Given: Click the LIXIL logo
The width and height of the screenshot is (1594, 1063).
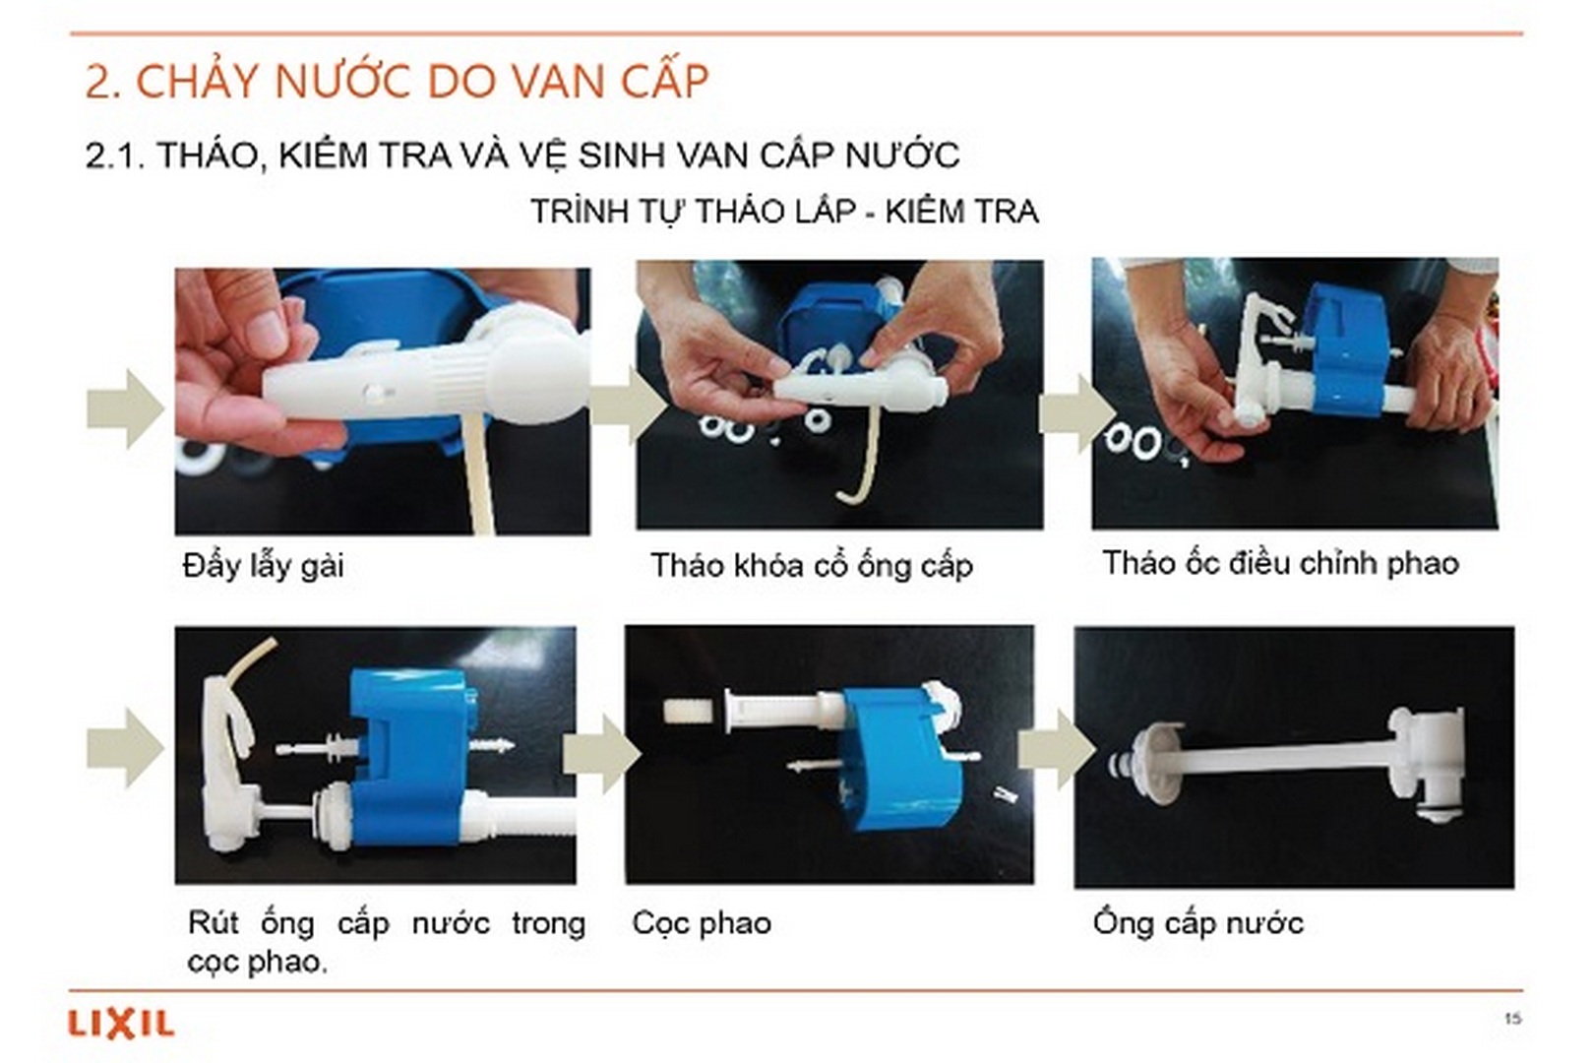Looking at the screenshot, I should click(121, 1024).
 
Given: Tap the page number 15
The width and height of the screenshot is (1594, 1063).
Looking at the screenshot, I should click(1512, 1018).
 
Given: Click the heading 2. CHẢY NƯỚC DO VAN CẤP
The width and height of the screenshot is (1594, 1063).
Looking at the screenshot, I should click(397, 82).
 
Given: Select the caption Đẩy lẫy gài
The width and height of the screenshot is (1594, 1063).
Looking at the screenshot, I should click(263, 566).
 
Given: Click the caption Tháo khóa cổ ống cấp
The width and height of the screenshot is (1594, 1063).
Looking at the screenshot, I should click(811, 566).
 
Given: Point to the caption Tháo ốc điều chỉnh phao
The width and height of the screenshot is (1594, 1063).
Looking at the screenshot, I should click(1279, 563).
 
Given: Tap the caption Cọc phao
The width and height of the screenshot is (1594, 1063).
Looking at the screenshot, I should click(701, 923).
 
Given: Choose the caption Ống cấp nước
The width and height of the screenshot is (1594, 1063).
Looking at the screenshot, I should click(1197, 923).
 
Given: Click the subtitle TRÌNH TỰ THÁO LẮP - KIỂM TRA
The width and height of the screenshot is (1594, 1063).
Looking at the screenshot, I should click(784, 212).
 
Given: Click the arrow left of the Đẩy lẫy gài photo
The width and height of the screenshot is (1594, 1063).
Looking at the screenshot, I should click(124, 409).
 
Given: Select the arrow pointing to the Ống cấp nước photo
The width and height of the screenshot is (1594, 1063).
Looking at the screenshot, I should click(1056, 750).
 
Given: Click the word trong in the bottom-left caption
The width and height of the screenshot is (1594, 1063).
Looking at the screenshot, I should click(548, 923).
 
